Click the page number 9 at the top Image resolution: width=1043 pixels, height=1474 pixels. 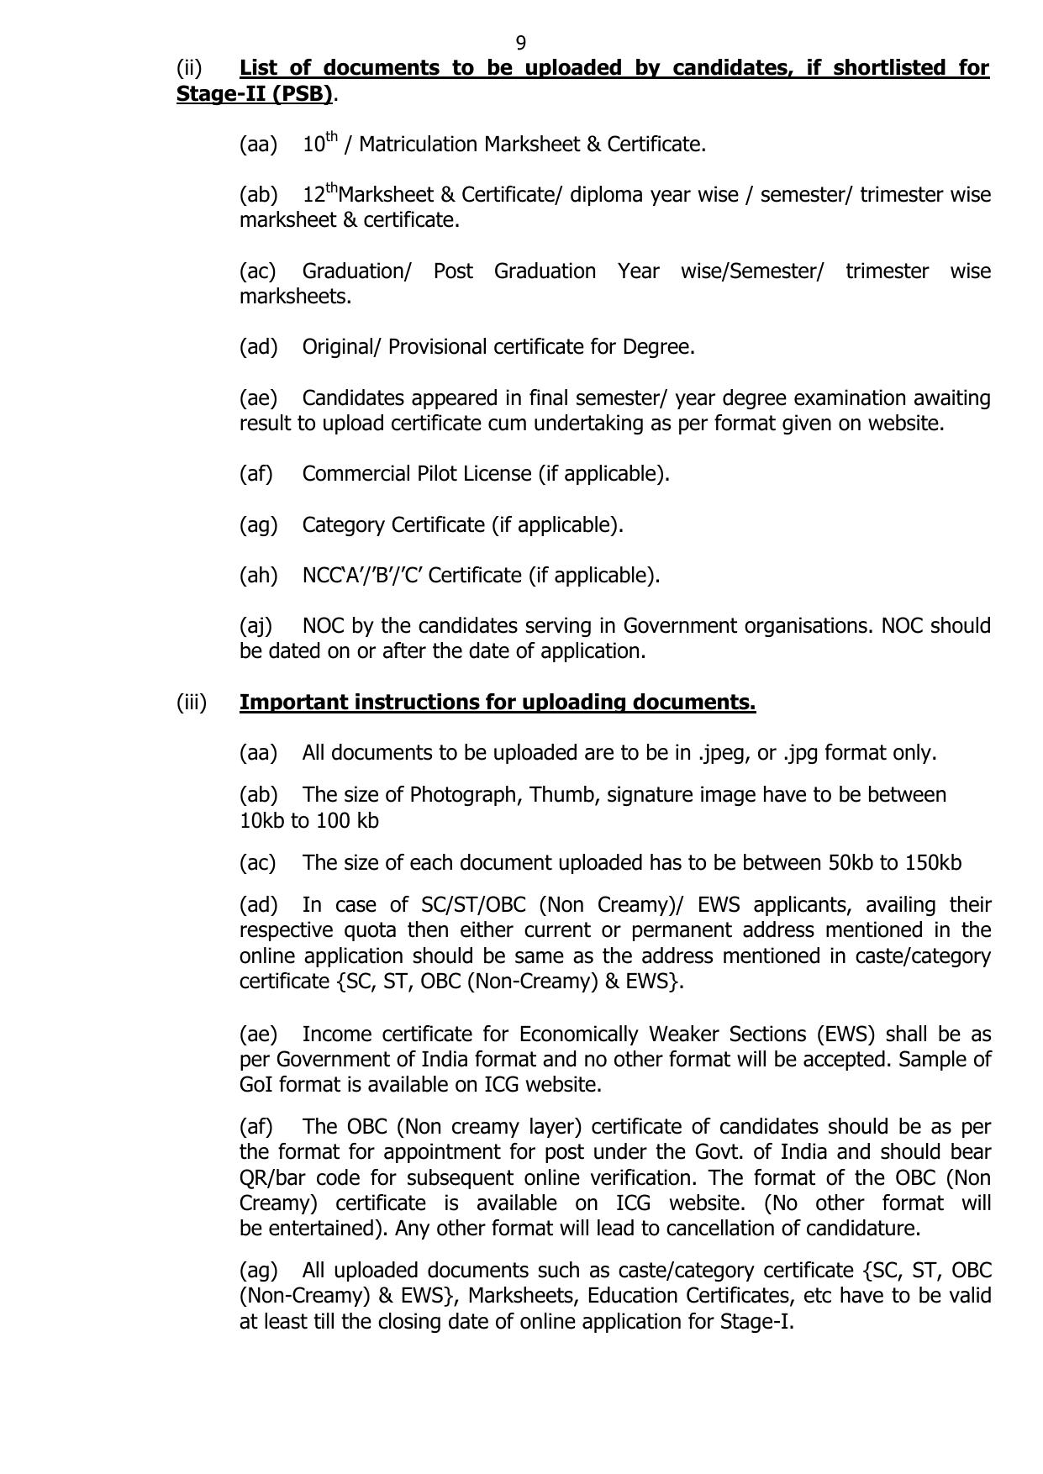click(521, 43)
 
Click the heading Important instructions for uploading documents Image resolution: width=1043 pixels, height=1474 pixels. click(498, 703)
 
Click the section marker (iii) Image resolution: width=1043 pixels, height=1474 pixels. click(192, 703)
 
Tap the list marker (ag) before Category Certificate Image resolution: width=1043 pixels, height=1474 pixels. click(258, 525)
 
